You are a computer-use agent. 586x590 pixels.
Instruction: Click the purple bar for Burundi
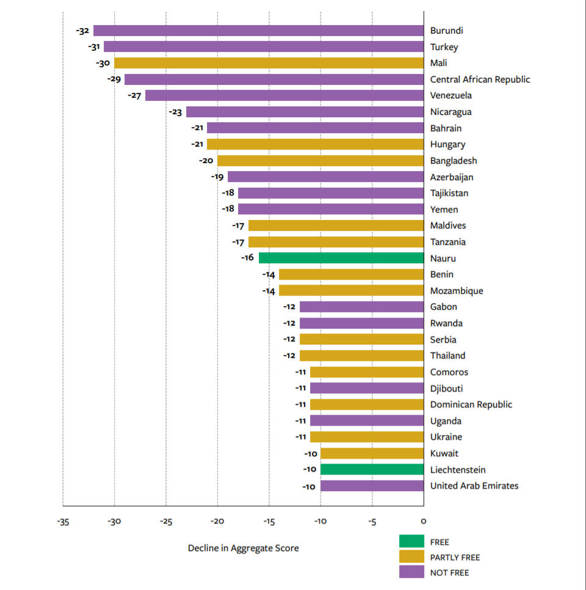[x=258, y=31]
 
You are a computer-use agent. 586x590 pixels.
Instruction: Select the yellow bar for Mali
[x=269, y=63]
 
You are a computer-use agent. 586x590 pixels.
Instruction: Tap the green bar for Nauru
[x=341, y=258]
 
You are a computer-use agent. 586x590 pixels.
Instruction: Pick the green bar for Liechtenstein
[x=372, y=469]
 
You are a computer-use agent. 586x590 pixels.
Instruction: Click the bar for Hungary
[x=315, y=144]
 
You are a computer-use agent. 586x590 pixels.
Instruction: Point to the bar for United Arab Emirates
[x=372, y=486]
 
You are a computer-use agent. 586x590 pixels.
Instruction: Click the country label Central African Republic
[x=480, y=79]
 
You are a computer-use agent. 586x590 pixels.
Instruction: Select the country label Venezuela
[x=450, y=95]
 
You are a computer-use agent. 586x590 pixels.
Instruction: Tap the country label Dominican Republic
[x=471, y=404]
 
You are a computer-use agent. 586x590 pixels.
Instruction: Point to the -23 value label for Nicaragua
[x=175, y=112]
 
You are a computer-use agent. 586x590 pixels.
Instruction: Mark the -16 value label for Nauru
[x=247, y=258]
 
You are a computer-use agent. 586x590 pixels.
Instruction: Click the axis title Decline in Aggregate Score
[x=243, y=548]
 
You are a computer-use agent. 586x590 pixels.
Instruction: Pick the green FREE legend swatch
[x=411, y=541]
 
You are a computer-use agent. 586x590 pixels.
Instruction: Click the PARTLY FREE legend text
[x=455, y=557]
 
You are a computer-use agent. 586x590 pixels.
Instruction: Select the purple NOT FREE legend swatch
[x=411, y=572]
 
